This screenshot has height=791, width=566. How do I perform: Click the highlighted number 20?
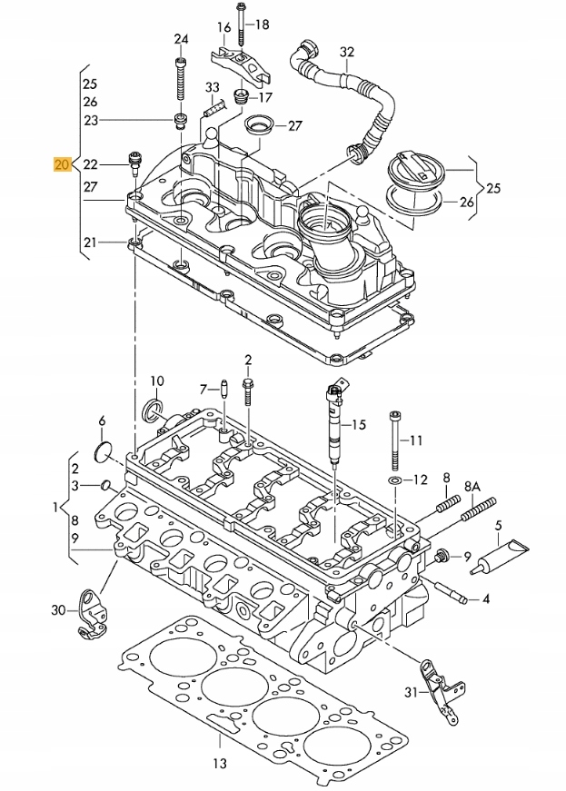[x=62, y=165]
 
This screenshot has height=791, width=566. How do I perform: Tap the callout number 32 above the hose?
[x=346, y=52]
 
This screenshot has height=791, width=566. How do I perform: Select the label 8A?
[x=472, y=488]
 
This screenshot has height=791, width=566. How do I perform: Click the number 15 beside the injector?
[x=358, y=424]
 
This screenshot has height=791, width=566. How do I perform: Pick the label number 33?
[x=213, y=87]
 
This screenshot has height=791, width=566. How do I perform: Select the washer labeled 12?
[x=395, y=479]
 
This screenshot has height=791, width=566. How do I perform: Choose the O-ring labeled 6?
[x=103, y=450]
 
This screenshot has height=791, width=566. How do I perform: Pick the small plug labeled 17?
[x=242, y=96]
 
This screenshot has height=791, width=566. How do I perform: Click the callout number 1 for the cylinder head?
[x=55, y=506]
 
